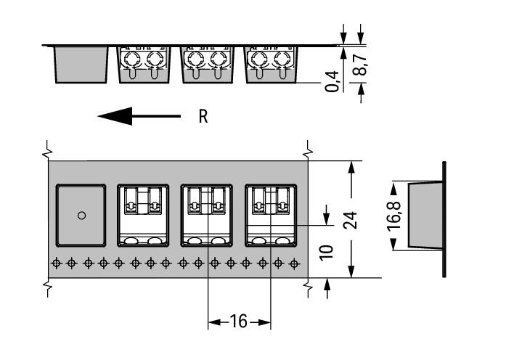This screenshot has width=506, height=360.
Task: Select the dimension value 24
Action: pyautogui.click(x=351, y=218)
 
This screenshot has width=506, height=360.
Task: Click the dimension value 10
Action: pyautogui.click(x=327, y=252)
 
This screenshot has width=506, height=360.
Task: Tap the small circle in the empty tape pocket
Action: pyautogui.click(x=81, y=216)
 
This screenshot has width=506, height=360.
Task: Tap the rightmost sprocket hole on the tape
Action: pyautogui.click(x=293, y=263)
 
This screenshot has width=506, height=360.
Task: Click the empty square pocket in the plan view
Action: pyautogui.click(x=81, y=216)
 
